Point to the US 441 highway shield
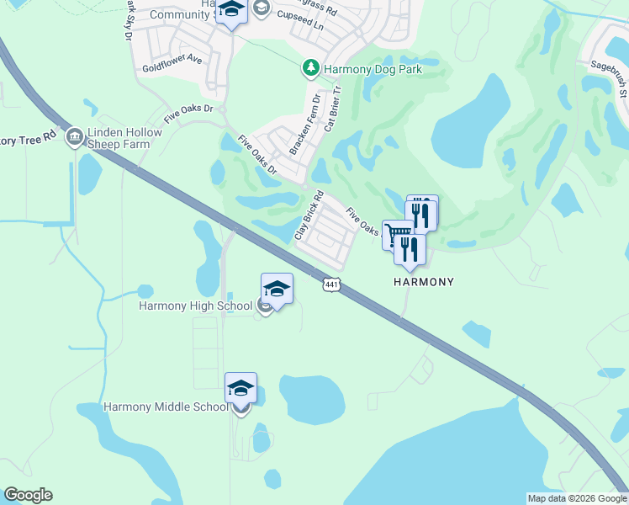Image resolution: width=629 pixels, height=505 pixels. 331,286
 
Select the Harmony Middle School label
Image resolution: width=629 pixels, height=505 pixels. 166,407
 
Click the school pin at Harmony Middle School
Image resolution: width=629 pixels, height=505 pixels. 240,390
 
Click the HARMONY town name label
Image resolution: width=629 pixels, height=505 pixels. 424,282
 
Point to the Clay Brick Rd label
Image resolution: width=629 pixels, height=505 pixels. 309,216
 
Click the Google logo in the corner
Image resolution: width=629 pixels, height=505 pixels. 28,495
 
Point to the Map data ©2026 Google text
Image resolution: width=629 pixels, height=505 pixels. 577,498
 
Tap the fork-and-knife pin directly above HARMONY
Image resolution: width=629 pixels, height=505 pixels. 410,250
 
